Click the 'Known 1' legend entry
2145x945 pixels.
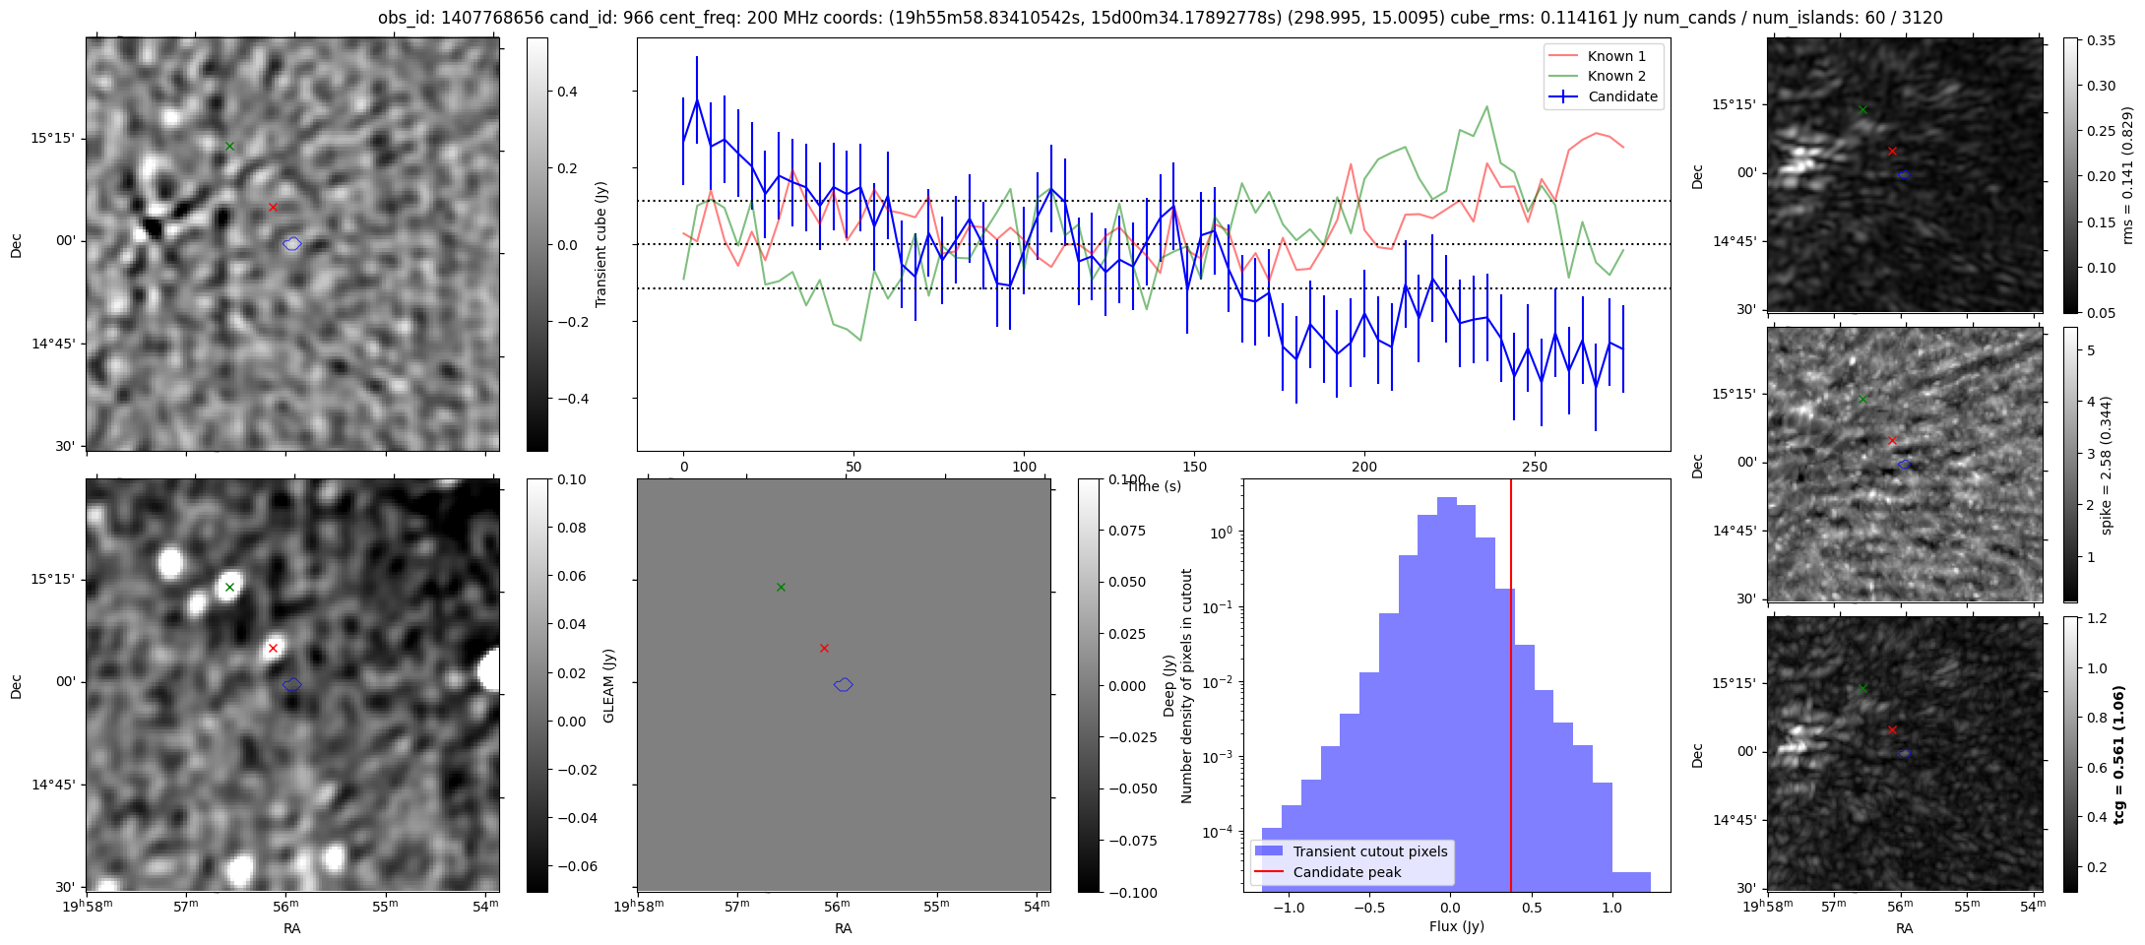pos(1615,56)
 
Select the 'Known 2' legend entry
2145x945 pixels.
pos(1615,76)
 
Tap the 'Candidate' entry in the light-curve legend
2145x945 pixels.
pos(1622,96)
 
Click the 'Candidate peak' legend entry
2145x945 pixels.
pos(1346,872)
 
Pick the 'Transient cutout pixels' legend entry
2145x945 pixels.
pos(1369,851)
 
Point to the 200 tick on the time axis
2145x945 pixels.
pos(1364,467)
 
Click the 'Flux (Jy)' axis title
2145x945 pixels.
pos(1456,926)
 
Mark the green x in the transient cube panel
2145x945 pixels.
pos(229,146)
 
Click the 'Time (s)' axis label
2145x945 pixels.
pos(1154,486)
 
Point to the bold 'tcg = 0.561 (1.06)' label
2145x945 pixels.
pos(2118,754)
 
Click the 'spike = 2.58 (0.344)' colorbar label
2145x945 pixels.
pos(2106,465)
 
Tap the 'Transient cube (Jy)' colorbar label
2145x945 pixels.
pos(601,244)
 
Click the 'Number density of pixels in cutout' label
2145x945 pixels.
pos(1186,685)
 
